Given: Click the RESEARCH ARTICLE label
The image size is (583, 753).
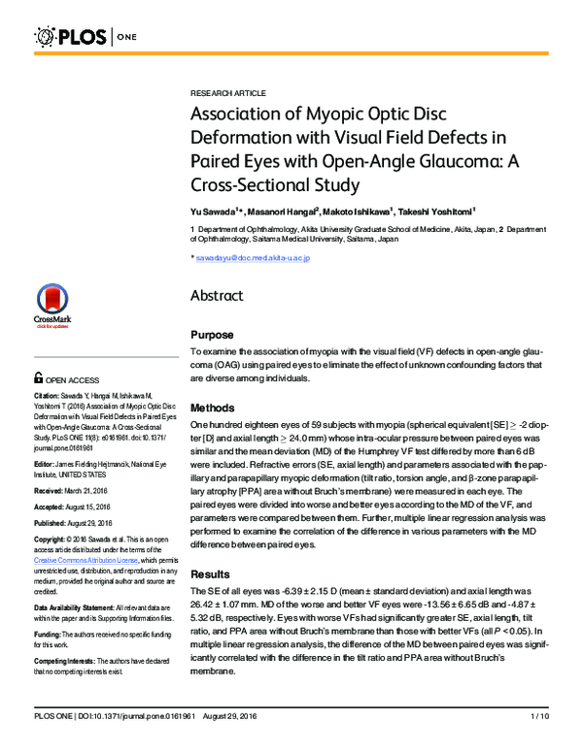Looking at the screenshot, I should (227, 93).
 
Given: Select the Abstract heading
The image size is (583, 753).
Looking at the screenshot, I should (217, 296).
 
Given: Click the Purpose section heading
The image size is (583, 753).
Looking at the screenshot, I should (212, 334).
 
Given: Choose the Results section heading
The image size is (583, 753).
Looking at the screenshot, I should (211, 573).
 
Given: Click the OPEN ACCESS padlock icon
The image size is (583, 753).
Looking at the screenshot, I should (38, 380).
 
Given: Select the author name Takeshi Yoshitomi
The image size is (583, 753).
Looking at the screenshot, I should (441, 209).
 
